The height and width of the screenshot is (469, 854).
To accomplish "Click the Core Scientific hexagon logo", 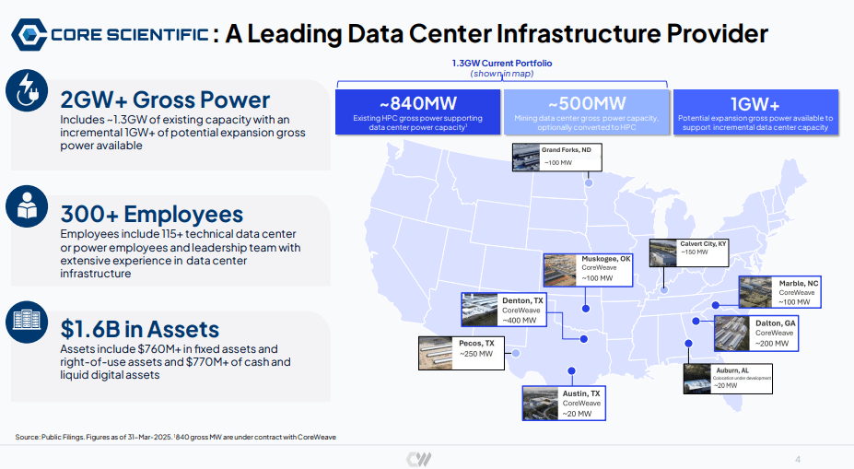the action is (29, 34).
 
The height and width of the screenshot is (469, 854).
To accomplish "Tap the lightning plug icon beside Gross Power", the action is (27, 90).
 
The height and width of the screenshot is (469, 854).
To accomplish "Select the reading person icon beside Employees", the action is (27, 206).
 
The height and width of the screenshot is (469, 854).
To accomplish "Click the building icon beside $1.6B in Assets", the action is (27, 322).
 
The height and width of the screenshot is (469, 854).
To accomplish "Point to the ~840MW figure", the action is (417, 103).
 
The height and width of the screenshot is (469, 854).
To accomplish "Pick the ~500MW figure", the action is (587, 103).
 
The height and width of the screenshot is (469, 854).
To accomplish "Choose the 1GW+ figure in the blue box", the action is (755, 103).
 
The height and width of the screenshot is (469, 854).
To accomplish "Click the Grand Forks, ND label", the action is (566, 150).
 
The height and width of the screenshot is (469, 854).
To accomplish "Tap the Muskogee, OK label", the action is (605, 259).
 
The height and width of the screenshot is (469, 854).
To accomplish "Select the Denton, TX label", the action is (522, 300).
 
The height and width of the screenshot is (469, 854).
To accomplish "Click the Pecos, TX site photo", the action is (435, 353).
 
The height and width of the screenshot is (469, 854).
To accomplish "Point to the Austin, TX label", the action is (581, 393).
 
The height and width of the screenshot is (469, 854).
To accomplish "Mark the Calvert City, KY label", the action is (703, 243).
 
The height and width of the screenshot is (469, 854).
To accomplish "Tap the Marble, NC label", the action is (799, 283).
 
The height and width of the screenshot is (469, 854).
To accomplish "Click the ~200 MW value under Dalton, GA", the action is (772, 344).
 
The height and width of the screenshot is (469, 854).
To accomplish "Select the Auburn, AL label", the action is (732, 370).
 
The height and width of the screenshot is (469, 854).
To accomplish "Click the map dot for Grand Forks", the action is (589, 183).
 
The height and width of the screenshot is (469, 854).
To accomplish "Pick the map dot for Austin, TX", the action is (571, 371).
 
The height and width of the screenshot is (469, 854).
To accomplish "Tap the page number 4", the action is (798, 459).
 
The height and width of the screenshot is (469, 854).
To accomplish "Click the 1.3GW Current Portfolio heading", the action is (501, 64).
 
